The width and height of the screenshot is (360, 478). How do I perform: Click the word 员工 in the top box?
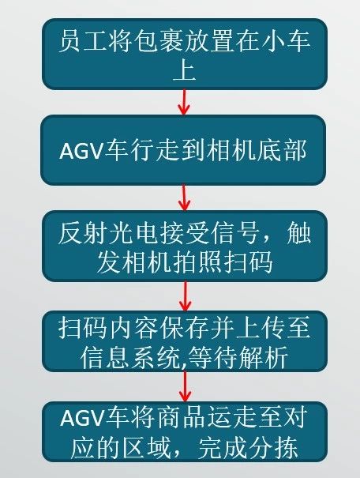(x=83, y=41)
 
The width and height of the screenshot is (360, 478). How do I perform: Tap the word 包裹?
(x=159, y=41)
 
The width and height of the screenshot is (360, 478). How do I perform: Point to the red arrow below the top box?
(x=184, y=102)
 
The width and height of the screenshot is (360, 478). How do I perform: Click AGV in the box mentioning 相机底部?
(x=80, y=151)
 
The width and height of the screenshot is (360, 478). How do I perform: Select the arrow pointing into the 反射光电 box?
(x=184, y=198)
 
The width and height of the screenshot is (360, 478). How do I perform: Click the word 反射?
(x=83, y=234)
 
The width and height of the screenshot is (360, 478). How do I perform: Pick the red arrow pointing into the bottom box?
(x=185, y=386)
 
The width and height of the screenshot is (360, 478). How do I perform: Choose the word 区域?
(x=146, y=447)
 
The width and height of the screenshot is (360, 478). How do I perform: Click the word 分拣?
(x=273, y=447)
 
